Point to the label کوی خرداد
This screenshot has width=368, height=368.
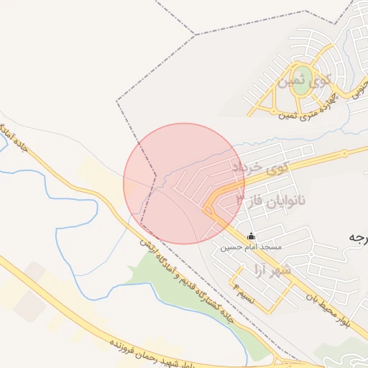coord(259,167)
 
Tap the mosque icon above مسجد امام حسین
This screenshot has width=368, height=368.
coord(251,236)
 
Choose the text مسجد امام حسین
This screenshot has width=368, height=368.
coord(251,247)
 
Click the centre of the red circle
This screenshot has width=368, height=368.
coord(184,183)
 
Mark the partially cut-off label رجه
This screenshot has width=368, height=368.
coord(357,237)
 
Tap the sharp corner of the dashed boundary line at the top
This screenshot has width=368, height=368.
coord(195,34)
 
